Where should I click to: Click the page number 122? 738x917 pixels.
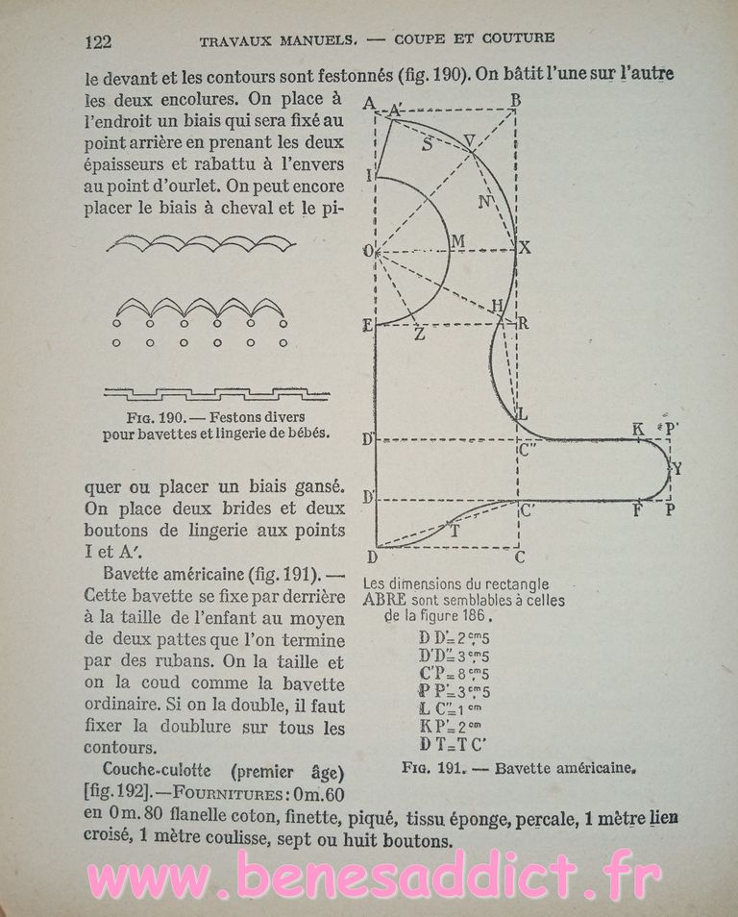point(99,40)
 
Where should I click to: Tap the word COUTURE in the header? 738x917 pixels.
point(518,38)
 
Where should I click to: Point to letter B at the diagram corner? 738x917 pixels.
point(516,99)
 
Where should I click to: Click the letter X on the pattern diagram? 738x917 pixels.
point(525,247)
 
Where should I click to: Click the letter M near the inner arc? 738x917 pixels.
point(456,239)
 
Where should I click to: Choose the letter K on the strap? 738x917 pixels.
point(637,428)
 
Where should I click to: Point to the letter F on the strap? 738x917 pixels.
point(637,510)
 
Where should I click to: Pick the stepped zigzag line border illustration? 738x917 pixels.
point(216,392)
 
